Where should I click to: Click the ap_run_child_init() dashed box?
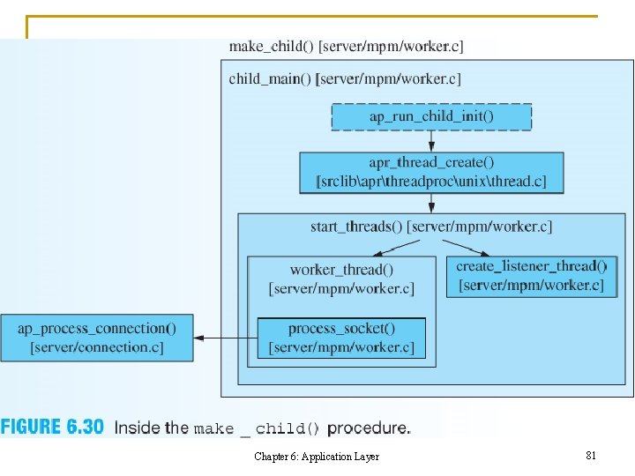431,116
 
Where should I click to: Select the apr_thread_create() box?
431,172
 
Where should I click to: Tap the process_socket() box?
341,338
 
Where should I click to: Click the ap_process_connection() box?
96,338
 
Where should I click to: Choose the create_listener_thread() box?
531,275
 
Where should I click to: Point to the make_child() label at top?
345,46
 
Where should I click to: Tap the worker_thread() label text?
341,270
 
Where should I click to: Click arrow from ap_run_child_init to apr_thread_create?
431,141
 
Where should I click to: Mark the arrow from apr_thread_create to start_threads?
431,204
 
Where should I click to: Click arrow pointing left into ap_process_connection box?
225,338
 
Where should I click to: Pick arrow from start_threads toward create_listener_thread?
468,246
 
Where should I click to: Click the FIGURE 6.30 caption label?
52,428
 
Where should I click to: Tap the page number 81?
591,456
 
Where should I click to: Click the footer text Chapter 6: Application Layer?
317,457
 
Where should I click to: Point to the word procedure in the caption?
368,428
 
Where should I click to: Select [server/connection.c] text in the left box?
96,347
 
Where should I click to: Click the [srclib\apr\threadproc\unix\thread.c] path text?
431,182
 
